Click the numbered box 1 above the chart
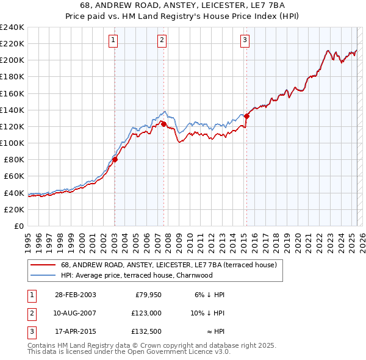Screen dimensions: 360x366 point(114,41)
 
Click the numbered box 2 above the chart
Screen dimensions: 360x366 point(162,41)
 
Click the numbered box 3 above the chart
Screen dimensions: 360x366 point(245,41)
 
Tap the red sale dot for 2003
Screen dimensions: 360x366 point(115,160)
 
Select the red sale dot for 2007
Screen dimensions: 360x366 point(163,124)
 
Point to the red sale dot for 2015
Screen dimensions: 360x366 point(247,116)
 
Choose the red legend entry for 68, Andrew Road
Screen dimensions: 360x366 point(168,265)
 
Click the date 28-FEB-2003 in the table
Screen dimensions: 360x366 point(75,295)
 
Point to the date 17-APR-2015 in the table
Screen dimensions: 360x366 point(75,333)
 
